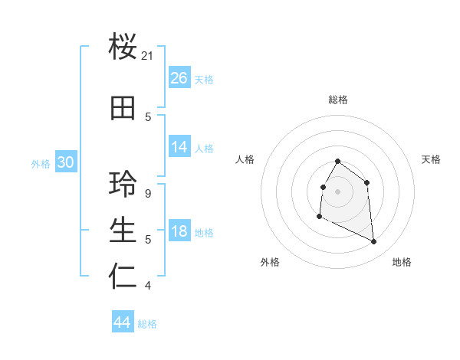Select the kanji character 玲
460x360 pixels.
coord(123,184)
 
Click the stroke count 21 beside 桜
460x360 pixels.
coord(148,56)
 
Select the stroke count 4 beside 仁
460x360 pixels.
coord(147,286)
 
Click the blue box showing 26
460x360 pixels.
coord(179,78)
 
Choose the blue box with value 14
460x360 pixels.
coord(179,147)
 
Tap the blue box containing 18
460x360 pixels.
coord(179,231)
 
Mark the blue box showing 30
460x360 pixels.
coord(65,162)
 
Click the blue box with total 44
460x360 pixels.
coord(122,322)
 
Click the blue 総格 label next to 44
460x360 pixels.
coord(147,324)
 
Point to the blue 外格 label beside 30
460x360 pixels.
coord(41,163)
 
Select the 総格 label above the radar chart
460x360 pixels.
coord(337,100)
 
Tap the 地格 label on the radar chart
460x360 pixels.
coord(402,262)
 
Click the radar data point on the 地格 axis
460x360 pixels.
coord(374,242)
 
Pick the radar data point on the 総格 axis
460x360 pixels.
coord(337,162)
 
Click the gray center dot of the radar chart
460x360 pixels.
coord(337,190)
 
